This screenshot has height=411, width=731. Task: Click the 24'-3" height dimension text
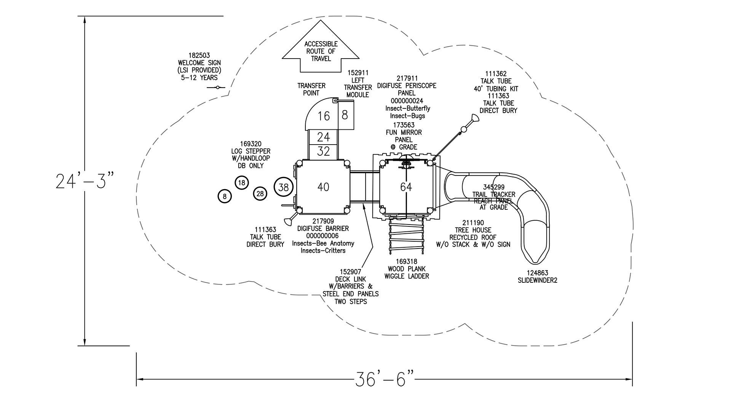point(85,181)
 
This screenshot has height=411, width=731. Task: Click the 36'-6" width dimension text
point(384,379)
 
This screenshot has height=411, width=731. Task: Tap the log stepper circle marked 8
point(225,196)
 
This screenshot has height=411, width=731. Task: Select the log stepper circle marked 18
point(242,183)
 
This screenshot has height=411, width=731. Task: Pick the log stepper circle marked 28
point(260,194)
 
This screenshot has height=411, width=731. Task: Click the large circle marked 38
point(284,187)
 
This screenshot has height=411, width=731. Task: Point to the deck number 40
point(323,187)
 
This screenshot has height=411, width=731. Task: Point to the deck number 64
point(406,187)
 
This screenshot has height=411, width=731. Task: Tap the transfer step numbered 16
point(324,116)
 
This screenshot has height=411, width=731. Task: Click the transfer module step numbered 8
point(345,115)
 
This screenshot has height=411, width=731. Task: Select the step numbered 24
point(323,137)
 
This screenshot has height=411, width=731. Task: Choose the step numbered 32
point(323,151)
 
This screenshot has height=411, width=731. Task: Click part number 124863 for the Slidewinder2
point(537,273)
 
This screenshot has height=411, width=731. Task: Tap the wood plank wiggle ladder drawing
point(407,237)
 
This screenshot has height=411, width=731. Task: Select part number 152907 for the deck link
point(350,272)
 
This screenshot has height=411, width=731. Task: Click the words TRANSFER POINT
point(311,89)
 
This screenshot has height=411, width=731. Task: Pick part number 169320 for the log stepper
point(251,144)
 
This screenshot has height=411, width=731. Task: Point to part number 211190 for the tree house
point(473,223)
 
